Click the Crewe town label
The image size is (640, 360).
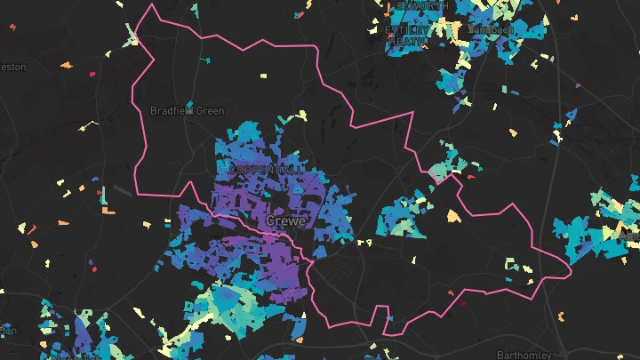coord(284,220)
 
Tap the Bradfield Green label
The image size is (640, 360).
coord(187,111)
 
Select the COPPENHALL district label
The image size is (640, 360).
coord(266,169)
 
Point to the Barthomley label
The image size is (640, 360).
coord(524,354)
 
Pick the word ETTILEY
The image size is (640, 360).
coord(406,29)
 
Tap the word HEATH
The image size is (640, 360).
coord(406,41)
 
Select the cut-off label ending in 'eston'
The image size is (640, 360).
coord(12,67)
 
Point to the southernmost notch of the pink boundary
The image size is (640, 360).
coord(384,334)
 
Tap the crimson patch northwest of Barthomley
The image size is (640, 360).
coord(462,304)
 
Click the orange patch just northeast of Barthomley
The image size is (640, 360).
coord(560,316)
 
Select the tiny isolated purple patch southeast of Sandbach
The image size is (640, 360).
coord(578,86)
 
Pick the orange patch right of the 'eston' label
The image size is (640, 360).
coord(67,64)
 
